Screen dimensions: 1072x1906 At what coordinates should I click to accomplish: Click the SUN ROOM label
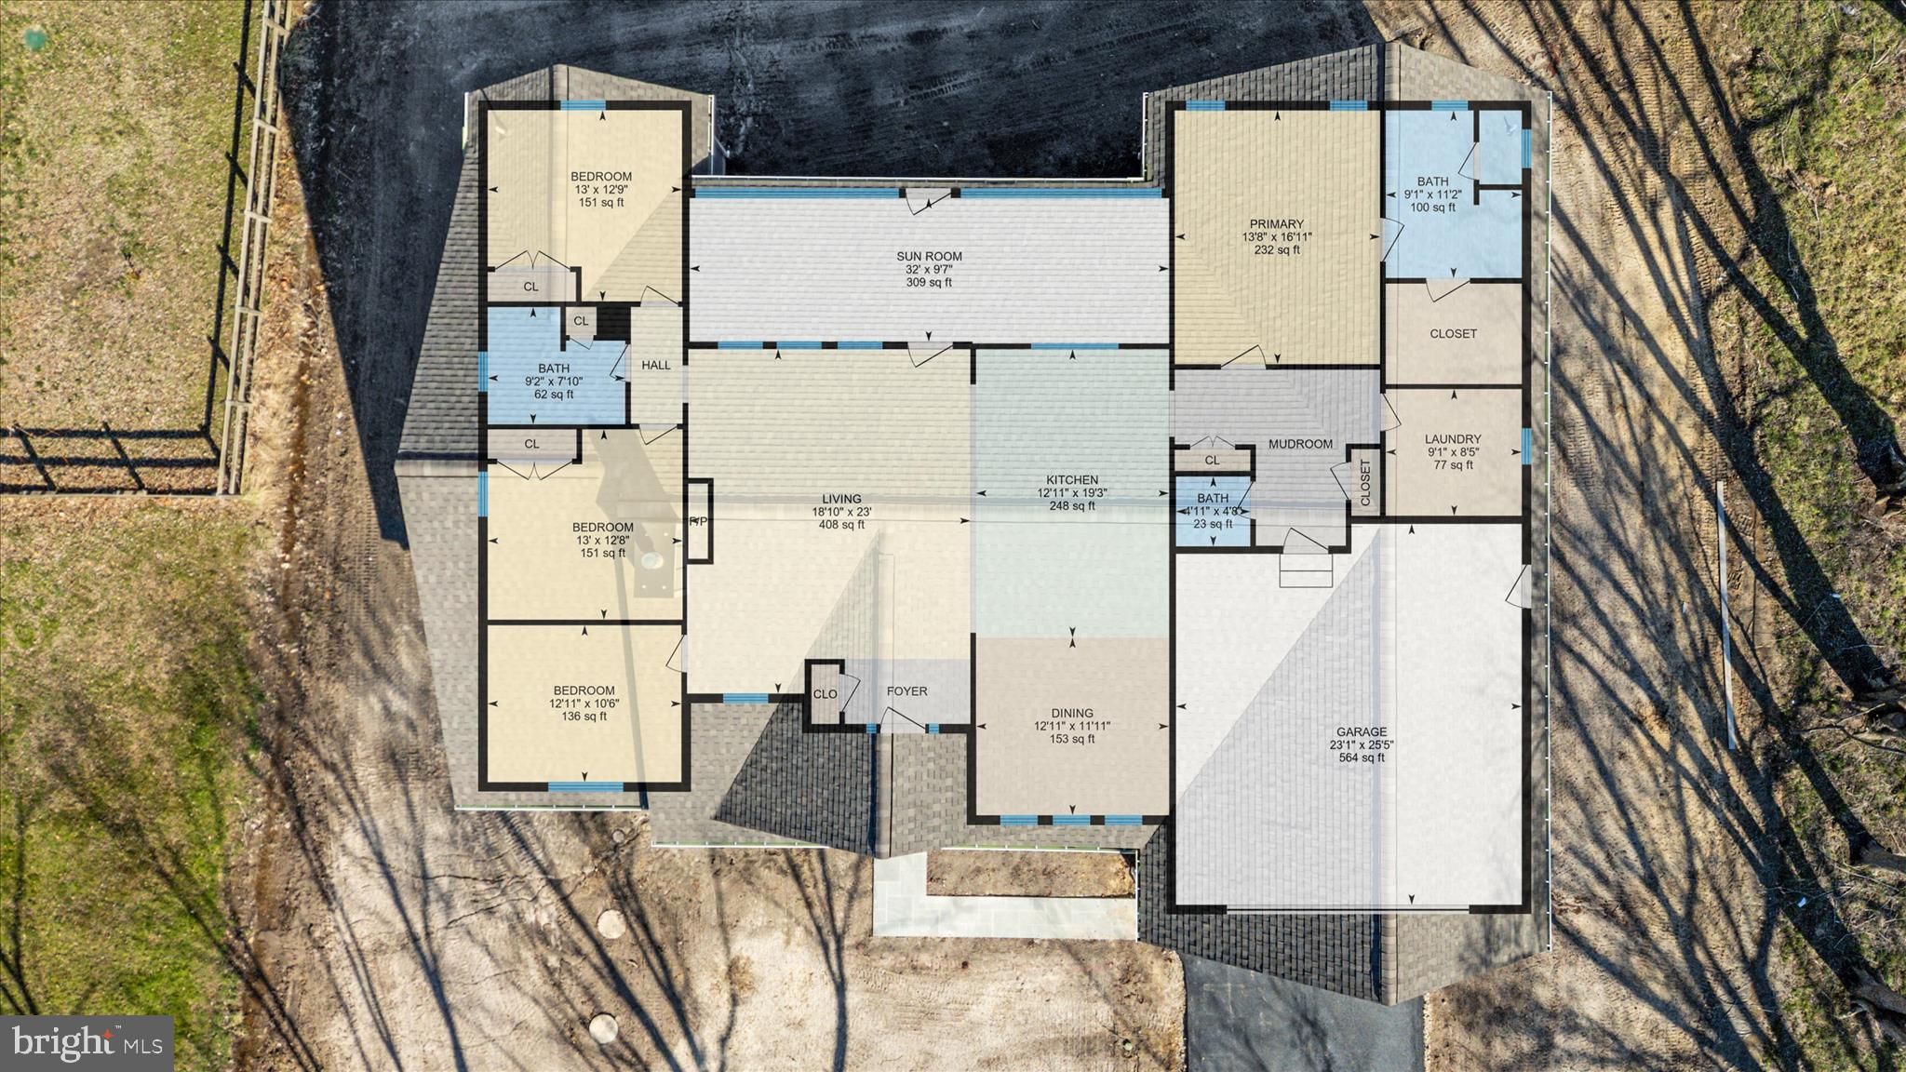pyautogui.click(x=929, y=256)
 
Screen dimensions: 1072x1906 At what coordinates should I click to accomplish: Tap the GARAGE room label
pyautogui.click(x=1362, y=732)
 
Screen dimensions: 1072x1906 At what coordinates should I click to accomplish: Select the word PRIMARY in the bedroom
pyautogui.click(x=1276, y=224)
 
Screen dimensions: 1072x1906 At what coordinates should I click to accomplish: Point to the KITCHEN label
pyautogui.click(x=1072, y=480)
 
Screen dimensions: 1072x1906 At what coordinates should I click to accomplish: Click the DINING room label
pyautogui.click(x=1072, y=714)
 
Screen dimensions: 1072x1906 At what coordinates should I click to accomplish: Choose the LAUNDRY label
pyautogui.click(x=1452, y=439)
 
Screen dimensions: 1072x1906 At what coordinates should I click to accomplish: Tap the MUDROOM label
pyautogui.click(x=1300, y=444)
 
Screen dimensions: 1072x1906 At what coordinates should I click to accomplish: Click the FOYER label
pyautogui.click(x=906, y=691)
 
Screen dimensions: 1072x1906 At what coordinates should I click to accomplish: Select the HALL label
pyautogui.click(x=656, y=366)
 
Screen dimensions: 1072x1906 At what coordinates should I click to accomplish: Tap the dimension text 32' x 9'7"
pyautogui.click(x=929, y=269)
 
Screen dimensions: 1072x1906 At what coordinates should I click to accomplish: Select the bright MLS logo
pyautogui.click(x=87, y=1040)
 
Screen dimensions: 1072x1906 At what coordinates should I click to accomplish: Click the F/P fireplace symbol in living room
pyautogui.click(x=698, y=520)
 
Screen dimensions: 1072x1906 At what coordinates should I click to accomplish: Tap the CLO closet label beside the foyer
pyautogui.click(x=825, y=694)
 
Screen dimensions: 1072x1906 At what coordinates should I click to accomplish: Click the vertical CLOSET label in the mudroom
pyautogui.click(x=1365, y=483)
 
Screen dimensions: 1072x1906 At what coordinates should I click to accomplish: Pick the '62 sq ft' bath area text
pyautogui.click(x=553, y=395)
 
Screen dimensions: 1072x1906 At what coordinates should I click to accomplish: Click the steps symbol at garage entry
pyautogui.click(x=1305, y=569)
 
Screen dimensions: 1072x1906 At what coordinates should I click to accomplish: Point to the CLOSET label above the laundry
pyautogui.click(x=1453, y=334)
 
